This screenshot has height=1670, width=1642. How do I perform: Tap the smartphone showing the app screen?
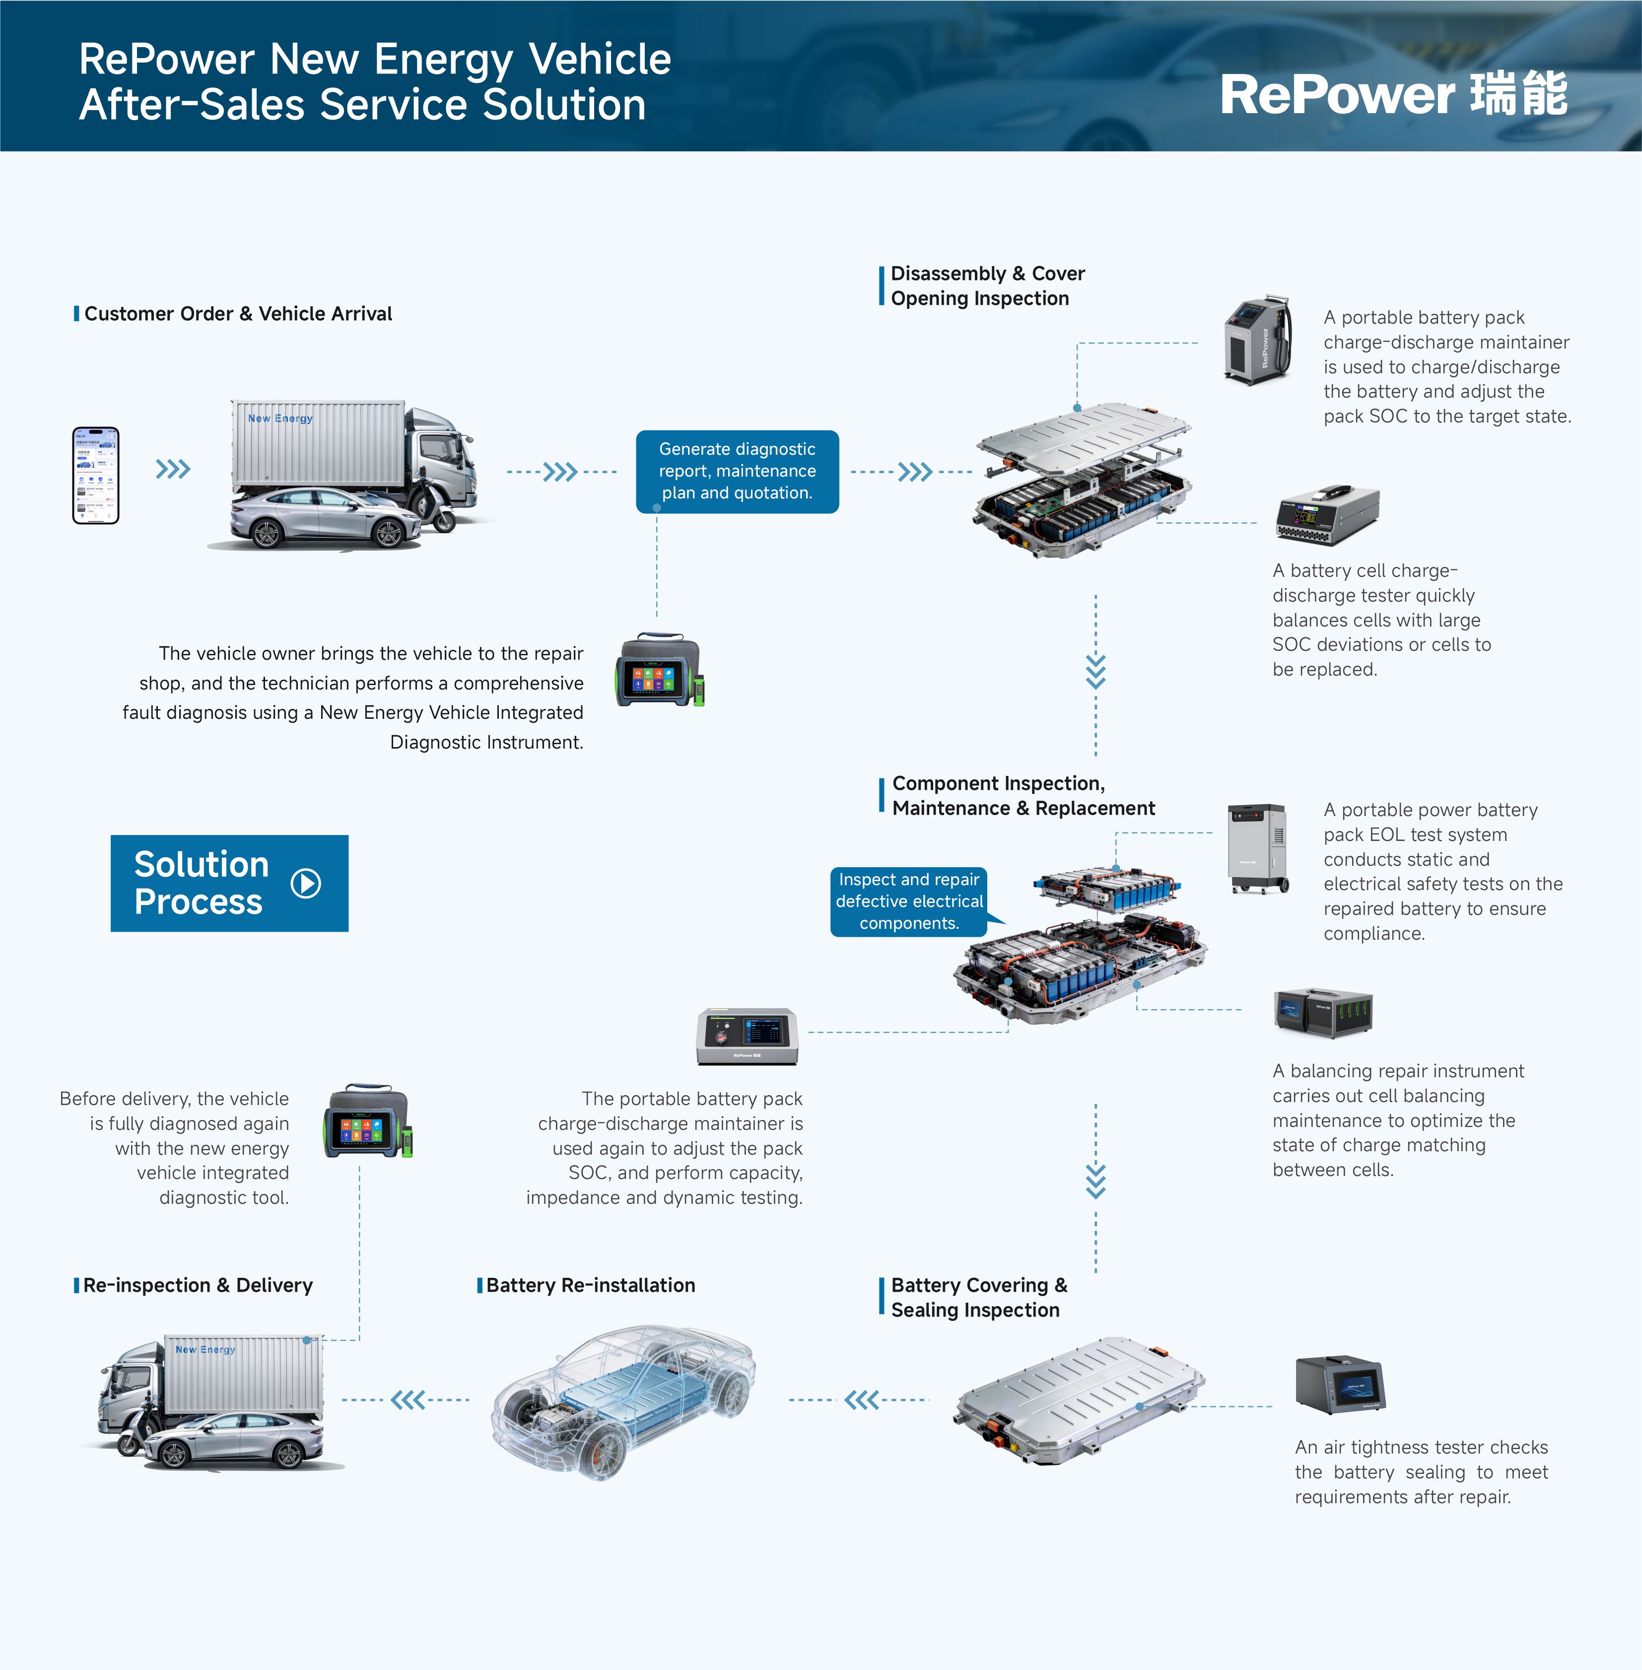[96, 475]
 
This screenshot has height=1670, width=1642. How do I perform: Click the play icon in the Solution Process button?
[306, 883]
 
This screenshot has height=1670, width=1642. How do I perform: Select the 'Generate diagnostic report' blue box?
[737, 471]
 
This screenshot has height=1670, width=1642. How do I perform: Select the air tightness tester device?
[1340, 1385]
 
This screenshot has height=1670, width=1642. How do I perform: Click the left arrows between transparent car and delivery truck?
[408, 1399]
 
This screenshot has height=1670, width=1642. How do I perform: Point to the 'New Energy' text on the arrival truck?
[280, 418]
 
